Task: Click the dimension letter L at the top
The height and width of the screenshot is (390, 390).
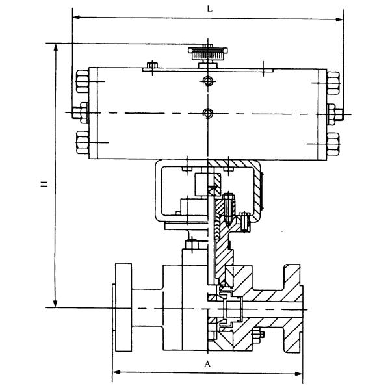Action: (x=209, y=8)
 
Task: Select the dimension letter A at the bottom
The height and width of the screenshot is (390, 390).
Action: (x=207, y=365)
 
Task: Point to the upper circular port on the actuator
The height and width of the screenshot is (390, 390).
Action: (x=207, y=81)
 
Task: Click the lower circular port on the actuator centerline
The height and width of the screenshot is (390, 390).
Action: (x=207, y=114)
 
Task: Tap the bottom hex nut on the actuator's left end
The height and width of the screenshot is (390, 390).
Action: (x=82, y=141)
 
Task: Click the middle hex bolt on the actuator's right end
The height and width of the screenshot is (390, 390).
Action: (x=334, y=111)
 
